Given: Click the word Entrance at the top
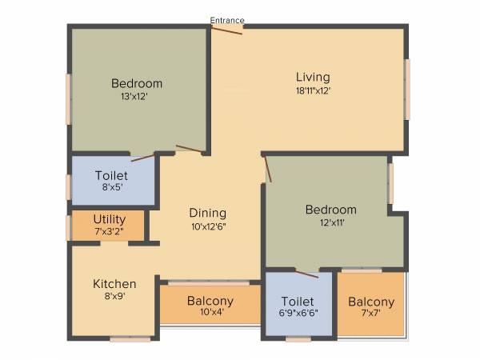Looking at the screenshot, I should tap(227, 20).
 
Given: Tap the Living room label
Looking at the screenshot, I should tap(312, 78).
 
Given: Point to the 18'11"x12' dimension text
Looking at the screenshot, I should tap(312, 90).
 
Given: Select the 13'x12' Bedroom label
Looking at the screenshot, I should tap(137, 83).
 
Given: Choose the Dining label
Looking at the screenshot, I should tap(208, 214).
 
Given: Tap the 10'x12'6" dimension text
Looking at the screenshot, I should tap(208, 226).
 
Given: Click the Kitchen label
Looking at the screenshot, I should tap(114, 284).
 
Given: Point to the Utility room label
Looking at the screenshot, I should tap(109, 219).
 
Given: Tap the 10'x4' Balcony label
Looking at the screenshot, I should tap(210, 302).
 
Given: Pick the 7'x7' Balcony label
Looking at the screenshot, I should tap(371, 302).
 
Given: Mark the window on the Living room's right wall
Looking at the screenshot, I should tap(407, 89).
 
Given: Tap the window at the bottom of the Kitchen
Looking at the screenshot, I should tap(130, 339).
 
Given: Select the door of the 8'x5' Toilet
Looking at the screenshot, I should tap(143, 157).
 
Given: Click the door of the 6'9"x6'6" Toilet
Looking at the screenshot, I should tap(306, 274).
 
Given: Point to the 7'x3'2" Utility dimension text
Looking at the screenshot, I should tap(109, 231).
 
